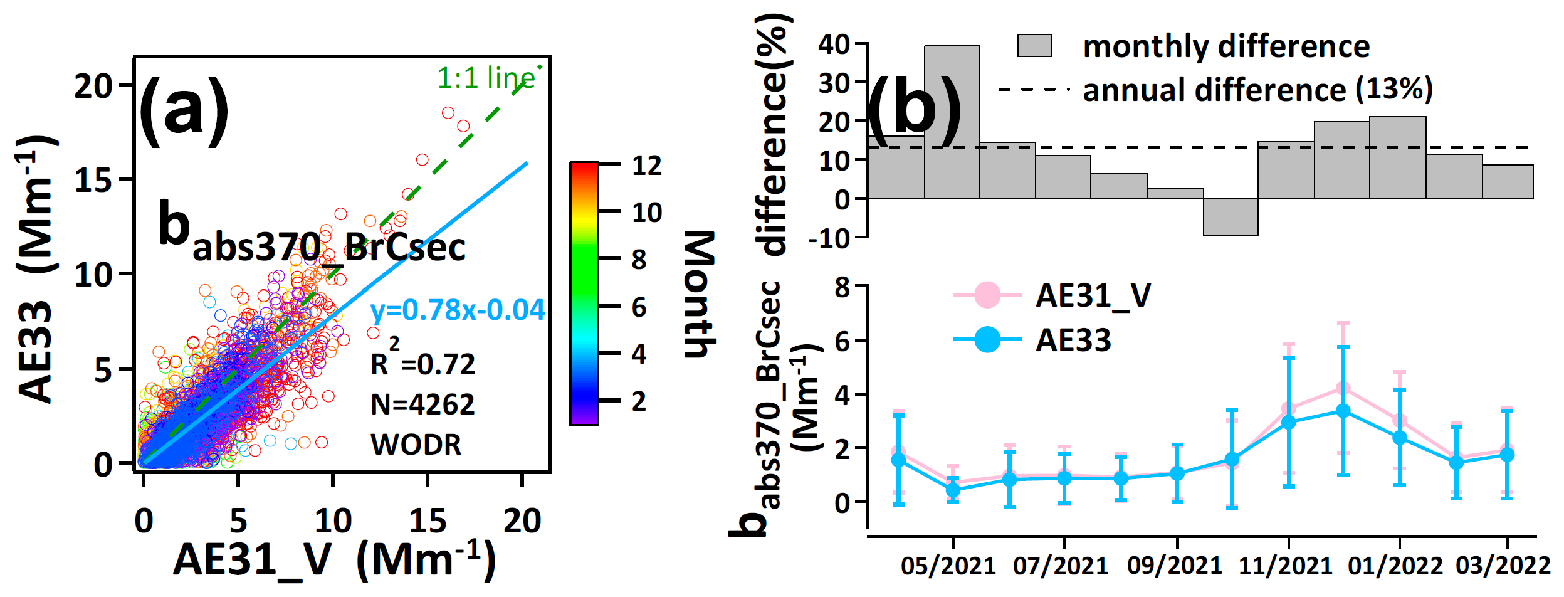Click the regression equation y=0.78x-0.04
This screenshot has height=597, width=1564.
[458, 310]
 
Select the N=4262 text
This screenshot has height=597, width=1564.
[422, 404]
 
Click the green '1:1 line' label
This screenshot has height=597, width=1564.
[486, 78]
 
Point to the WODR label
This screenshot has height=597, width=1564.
[416, 445]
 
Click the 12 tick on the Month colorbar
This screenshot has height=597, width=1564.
[646, 166]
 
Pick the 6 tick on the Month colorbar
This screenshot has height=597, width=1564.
[639, 308]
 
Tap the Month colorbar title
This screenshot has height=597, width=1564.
[698, 295]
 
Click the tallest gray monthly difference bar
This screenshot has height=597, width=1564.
[952, 122]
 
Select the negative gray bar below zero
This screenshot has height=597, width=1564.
[1231, 217]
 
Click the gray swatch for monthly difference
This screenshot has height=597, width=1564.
[1034, 46]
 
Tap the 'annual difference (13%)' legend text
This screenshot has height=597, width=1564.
[1257, 90]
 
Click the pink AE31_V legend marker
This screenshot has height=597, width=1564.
[987, 295]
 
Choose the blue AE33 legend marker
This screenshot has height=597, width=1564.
[987, 340]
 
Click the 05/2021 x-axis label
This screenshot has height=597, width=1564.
[948, 566]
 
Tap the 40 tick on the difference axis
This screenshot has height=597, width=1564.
[834, 44]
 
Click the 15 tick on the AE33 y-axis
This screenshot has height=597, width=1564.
[94, 181]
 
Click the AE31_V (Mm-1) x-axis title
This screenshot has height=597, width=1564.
[334, 559]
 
